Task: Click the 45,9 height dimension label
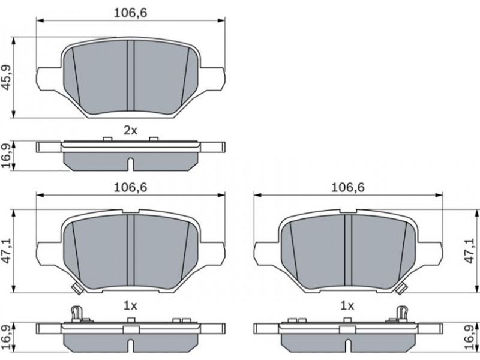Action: click(6, 77)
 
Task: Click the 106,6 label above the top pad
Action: click(130, 13)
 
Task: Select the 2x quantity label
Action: click(130, 131)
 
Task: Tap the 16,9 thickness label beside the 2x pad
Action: click(6, 156)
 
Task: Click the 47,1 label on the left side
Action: click(6, 251)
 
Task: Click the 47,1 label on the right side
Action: click(470, 251)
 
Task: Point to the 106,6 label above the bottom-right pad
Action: click(348, 187)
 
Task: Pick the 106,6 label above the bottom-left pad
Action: click(130, 187)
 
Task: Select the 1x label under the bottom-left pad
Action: click(130, 305)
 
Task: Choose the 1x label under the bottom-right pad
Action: click(347, 305)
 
